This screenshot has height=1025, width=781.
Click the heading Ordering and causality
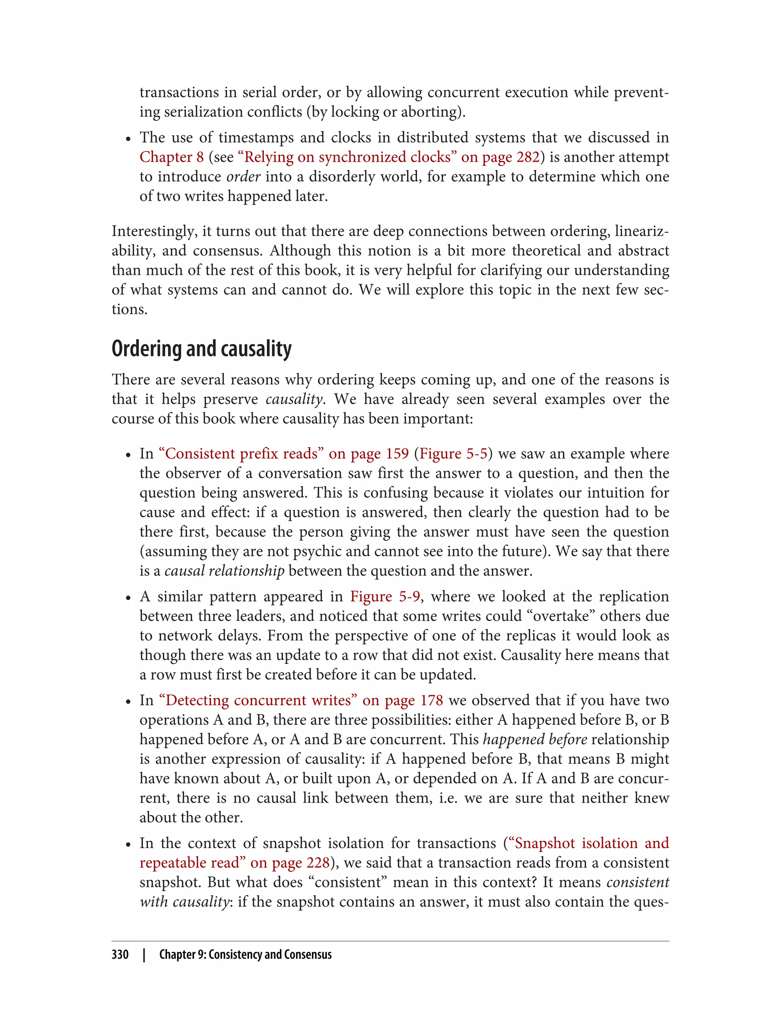pos(201,349)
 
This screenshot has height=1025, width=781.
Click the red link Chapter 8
pos(172,157)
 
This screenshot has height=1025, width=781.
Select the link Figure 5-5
pos(453,453)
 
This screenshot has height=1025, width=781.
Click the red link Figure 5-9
pos(386,596)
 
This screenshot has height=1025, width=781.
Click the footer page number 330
pos(120,954)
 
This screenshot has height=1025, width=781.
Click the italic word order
pos(243,177)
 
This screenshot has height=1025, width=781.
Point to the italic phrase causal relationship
pos(224,570)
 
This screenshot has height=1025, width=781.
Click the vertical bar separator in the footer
pos(144,954)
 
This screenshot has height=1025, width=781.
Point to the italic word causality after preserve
pos(294,399)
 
